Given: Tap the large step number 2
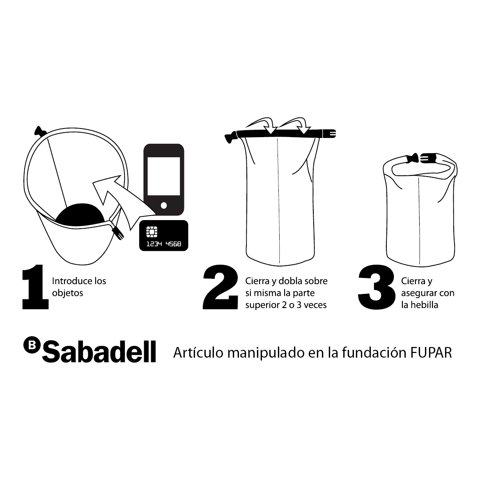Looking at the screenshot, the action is pyautogui.click(x=220, y=287).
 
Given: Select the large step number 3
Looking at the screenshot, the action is pyautogui.click(x=377, y=287).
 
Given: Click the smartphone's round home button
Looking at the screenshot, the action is pyautogui.click(x=164, y=205).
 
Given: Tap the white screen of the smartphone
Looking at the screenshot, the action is pyautogui.click(x=164, y=176).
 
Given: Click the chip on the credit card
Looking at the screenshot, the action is pyautogui.click(x=152, y=232).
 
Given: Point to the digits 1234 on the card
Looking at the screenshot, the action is pyautogui.click(x=154, y=244).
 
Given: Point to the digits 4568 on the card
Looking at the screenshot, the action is pyautogui.click(x=173, y=244).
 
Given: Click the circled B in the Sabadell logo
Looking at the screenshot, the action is pyautogui.click(x=32, y=345).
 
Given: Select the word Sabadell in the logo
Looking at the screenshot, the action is pyautogui.click(x=99, y=352).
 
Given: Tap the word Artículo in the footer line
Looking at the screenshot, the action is pyautogui.click(x=198, y=353).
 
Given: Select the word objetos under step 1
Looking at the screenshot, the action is pyautogui.click(x=67, y=293).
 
